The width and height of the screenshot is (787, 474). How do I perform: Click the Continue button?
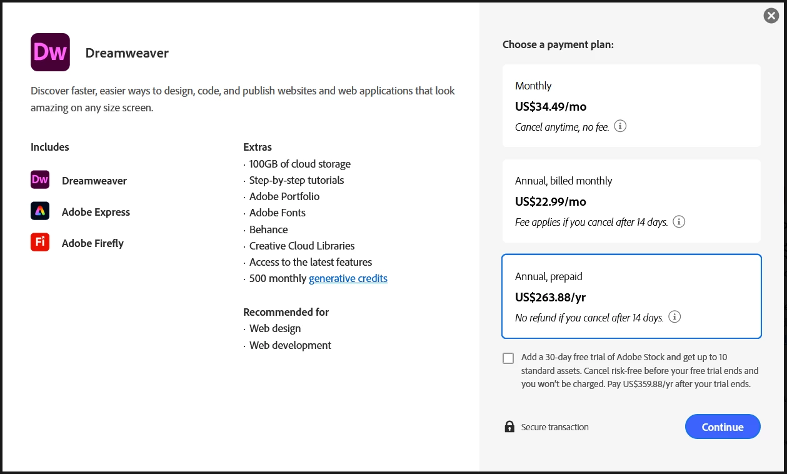[x=723, y=426]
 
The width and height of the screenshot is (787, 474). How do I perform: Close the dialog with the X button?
[x=771, y=16]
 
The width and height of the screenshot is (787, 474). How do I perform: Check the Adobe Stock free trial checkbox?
[x=508, y=358]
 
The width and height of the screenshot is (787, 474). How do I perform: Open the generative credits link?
[x=348, y=278]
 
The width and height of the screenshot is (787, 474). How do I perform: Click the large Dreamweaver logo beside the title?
[x=50, y=53]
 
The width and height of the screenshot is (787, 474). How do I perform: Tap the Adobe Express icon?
[x=40, y=211]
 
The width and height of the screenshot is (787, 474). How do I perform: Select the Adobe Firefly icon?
[x=40, y=242]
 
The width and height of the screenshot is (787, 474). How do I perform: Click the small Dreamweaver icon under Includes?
[x=40, y=180]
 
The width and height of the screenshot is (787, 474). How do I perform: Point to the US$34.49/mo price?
[x=551, y=106]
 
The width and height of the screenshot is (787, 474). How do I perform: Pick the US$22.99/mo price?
[x=551, y=201]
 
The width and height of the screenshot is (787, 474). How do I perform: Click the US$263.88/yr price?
[x=550, y=297]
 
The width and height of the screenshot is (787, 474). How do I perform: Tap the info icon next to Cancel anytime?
[x=620, y=126]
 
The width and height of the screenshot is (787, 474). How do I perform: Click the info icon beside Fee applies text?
[x=679, y=221]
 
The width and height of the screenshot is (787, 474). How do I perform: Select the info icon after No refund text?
[x=674, y=317]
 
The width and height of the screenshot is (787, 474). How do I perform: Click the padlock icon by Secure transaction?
[x=509, y=426]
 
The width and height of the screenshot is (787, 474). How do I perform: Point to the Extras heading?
[x=258, y=147]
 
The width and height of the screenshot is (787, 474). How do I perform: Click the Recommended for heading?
[x=286, y=312]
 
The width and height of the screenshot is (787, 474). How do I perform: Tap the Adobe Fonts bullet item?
[x=278, y=213]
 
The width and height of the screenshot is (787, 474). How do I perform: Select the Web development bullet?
[x=290, y=345]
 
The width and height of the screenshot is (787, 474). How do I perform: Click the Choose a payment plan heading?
[x=558, y=44]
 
